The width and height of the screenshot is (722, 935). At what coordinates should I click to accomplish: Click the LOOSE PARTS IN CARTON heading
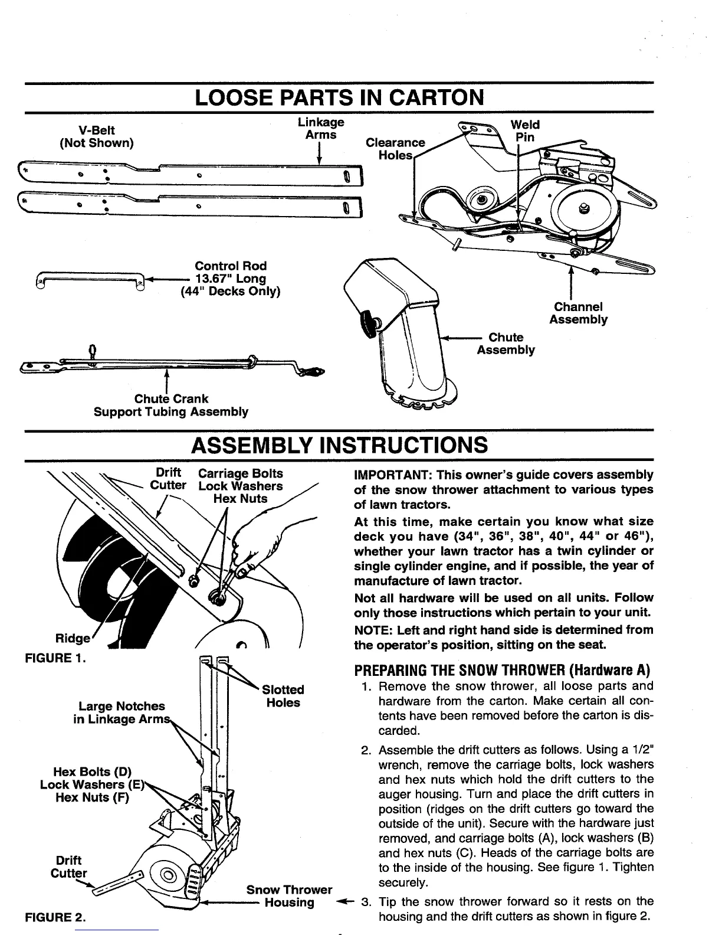[x=339, y=97]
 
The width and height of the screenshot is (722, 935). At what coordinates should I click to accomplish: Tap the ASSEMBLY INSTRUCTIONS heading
[x=339, y=444]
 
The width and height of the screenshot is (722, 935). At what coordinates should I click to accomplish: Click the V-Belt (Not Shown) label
[x=97, y=136]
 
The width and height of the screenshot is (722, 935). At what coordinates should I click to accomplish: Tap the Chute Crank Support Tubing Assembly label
[x=171, y=405]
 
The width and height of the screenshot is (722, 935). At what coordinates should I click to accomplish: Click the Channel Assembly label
[x=578, y=313]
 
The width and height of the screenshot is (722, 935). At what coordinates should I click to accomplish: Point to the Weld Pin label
[x=522, y=130]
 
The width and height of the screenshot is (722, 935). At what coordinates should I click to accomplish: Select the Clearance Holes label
[x=395, y=148]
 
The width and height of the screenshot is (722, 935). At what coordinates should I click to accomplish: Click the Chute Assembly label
[x=506, y=344]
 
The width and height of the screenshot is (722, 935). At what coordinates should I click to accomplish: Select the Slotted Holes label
[x=283, y=696]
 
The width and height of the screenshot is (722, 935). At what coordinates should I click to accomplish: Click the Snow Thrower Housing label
[x=289, y=896]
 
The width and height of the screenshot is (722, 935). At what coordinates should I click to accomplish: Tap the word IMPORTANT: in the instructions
[x=384, y=475]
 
